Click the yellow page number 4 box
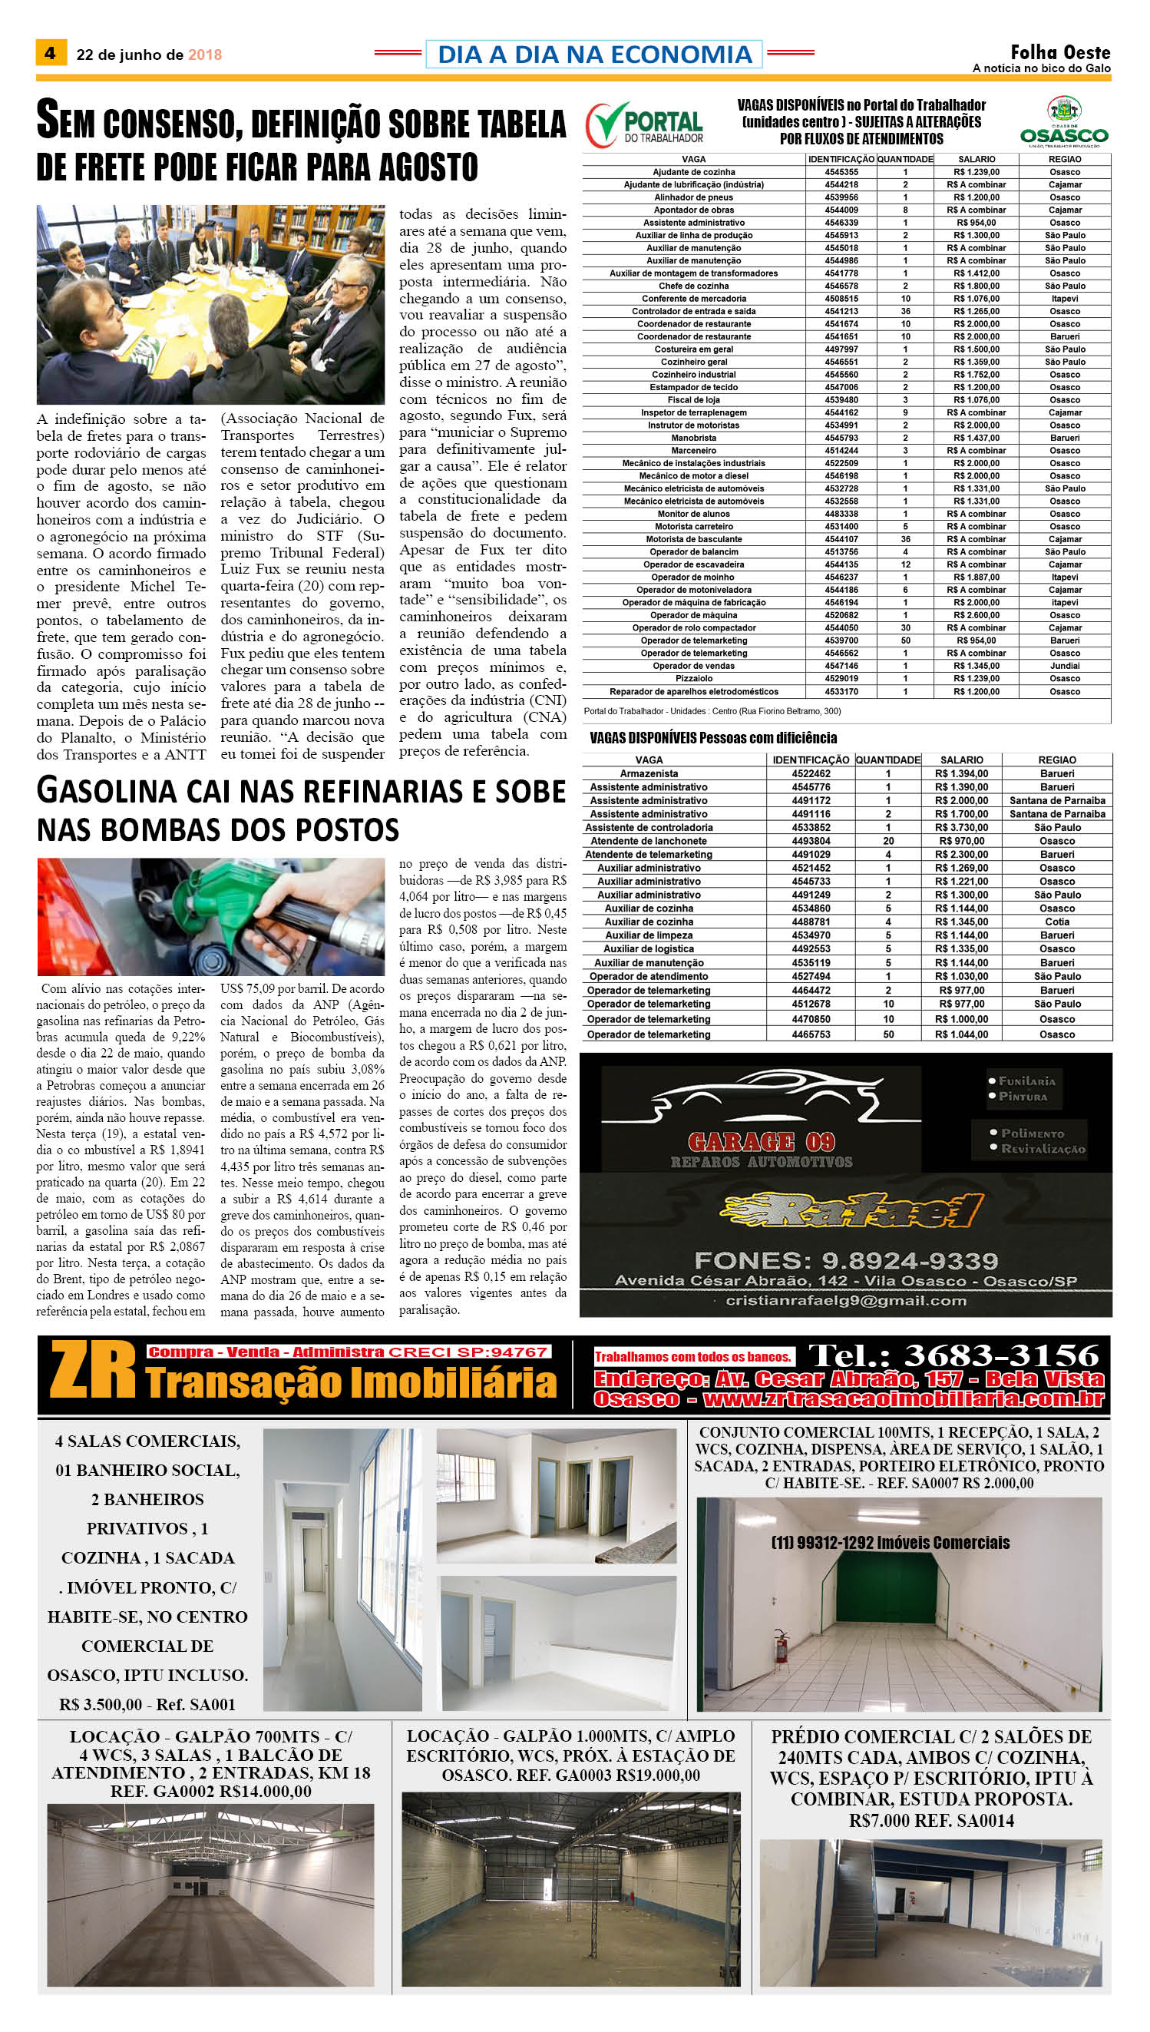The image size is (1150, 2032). pyautogui.click(x=50, y=53)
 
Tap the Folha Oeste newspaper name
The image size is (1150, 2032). pyautogui.click(x=1060, y=52)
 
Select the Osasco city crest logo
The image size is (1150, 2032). pyautogui.click(x=1063, y=110)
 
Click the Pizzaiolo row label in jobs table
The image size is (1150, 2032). pyautogui.click(x=693, y=679)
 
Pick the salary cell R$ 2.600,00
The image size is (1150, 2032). pyautogui.click(x=977, y=615)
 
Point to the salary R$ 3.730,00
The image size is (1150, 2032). pyautogui.click(x=961, y=827)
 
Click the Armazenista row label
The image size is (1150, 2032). pyautogui.click(x=649, y=773)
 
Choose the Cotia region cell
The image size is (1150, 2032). pyautogui.click(x=1057, y=922)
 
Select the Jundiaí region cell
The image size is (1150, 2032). pyautogui.click(x=1065, y=666)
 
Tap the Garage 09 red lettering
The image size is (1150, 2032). pyautogui.click(x=761, y=1142)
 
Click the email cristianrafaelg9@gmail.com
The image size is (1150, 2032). pyautogui.click(x=845, y=1300)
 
